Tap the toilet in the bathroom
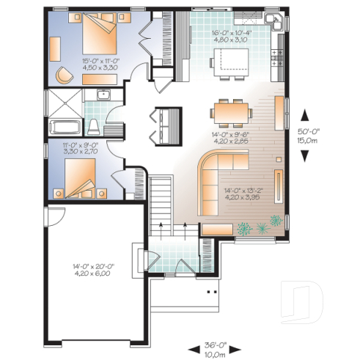click(93, 125)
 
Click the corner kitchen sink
click(276, 22)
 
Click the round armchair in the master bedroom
click(65, 74)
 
